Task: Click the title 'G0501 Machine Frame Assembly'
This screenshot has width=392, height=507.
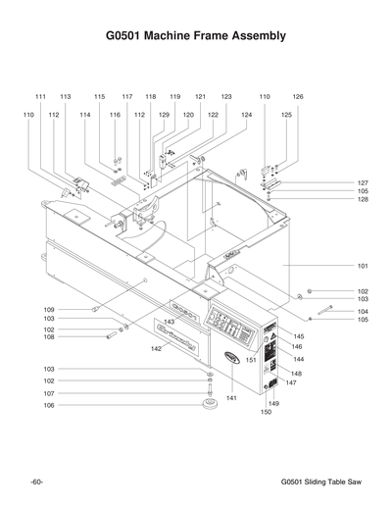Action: [x=196, y=36]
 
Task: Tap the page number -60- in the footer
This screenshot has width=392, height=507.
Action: [x=35, y=482]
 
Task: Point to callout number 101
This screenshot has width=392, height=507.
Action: [x=362, y=266]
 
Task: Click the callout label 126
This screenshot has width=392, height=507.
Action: [x=298, y=97]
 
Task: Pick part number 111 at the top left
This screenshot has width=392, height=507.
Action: [x=40, y=97]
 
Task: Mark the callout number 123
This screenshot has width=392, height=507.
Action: [x=226, y=97]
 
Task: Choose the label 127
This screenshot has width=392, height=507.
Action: [x=362, y=183]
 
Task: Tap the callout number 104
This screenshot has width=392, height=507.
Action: [x=362, y=311]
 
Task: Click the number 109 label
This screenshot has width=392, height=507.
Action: [x=48, y=309]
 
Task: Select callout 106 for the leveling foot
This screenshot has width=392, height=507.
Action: [x=48, y=404]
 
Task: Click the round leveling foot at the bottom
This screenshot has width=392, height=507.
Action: [x=209, y=402]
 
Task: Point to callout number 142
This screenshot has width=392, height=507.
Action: [x=155, y=348]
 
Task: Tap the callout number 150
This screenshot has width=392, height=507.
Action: [x=265, y=413]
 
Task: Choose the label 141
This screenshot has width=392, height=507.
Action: [x=231, y=397]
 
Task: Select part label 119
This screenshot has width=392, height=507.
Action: [x=174, y=97]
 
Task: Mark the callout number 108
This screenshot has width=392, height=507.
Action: [x=48, y=337]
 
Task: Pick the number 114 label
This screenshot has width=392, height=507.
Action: [x=85, y=115]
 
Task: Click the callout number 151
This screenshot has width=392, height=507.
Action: [x=251, y=360]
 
